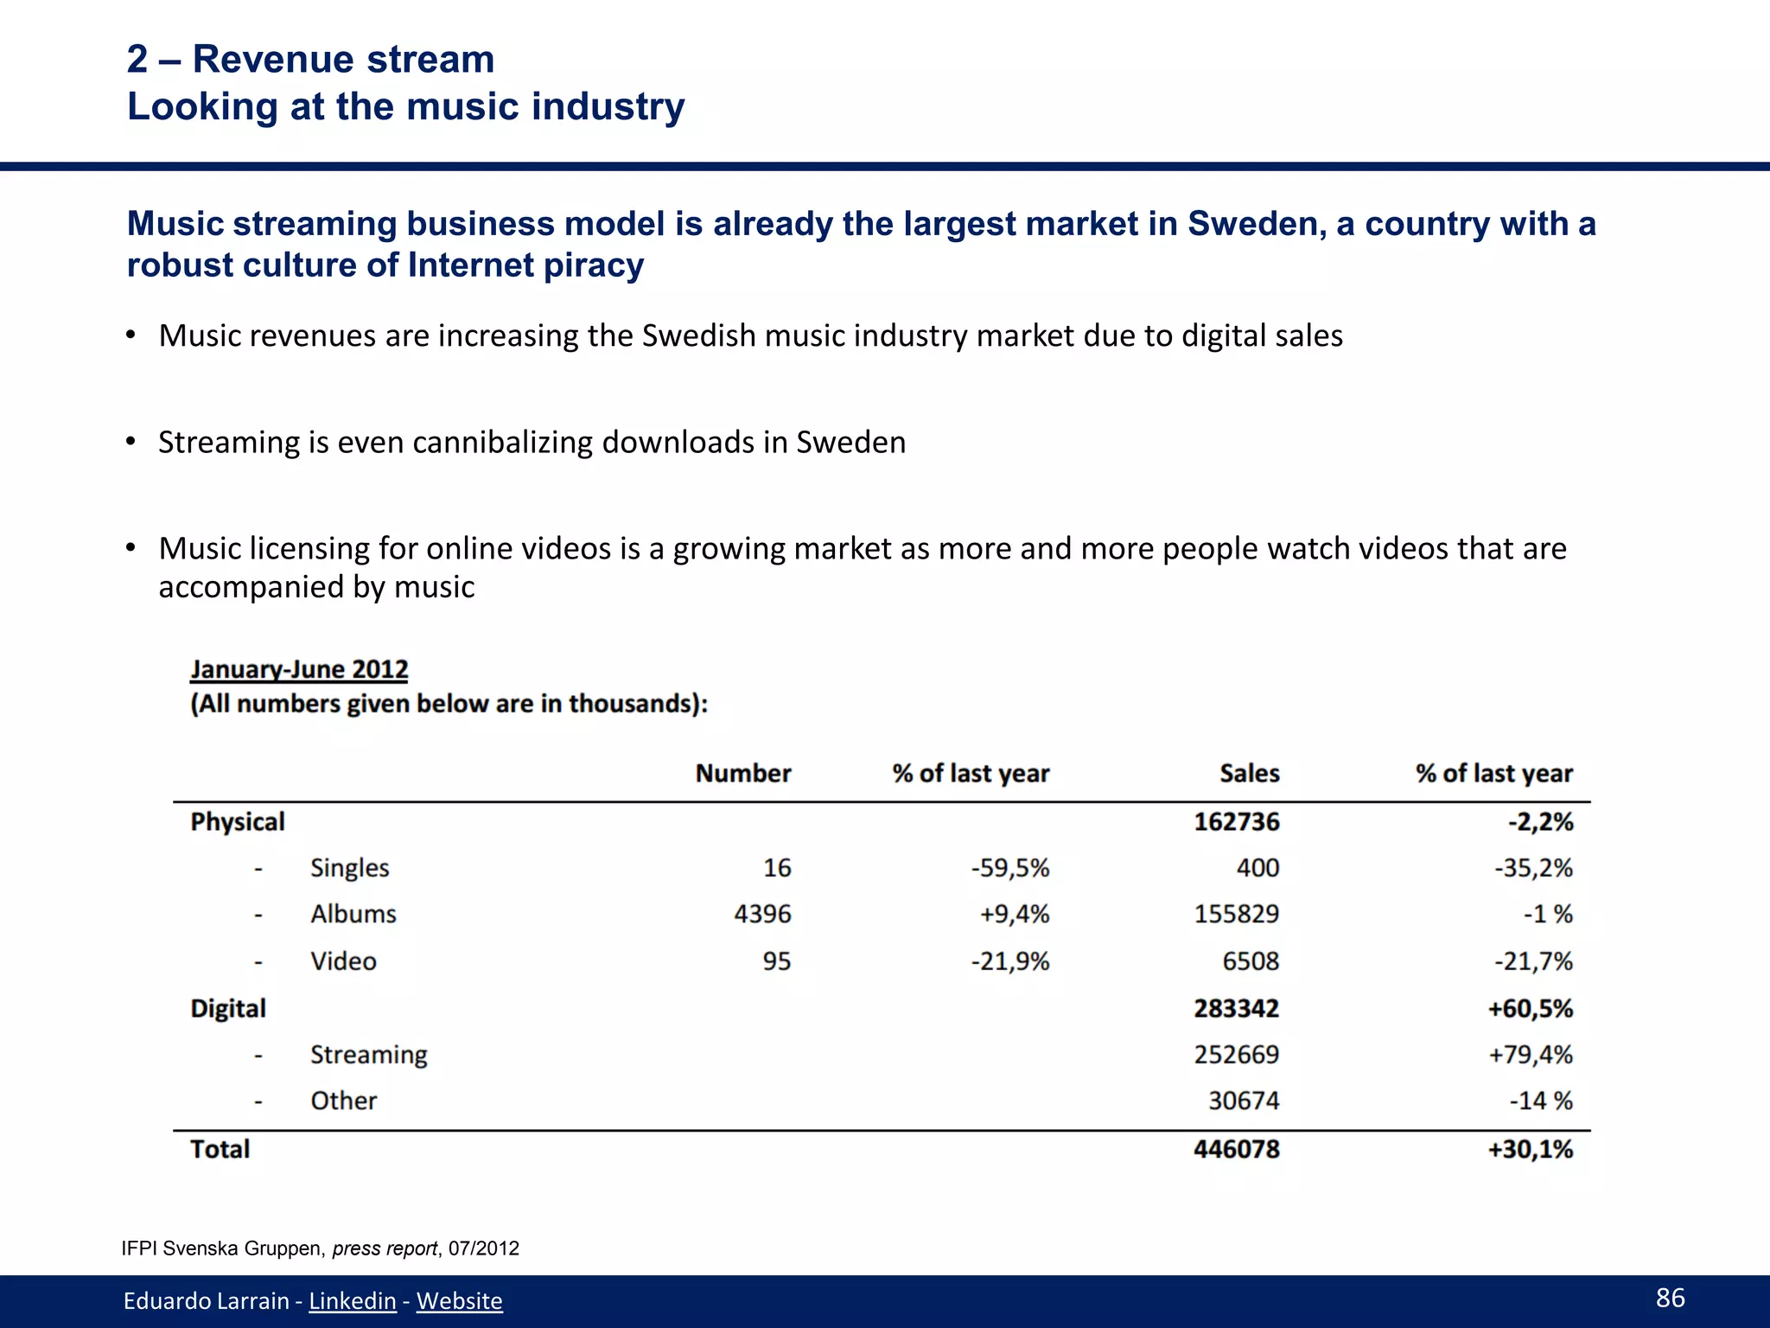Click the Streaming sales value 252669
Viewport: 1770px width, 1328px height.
point(1236,1055)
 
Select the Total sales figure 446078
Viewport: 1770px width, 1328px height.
point(1236,1149)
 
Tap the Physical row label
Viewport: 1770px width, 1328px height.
point(237,821)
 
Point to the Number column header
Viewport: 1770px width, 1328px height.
point(742,773)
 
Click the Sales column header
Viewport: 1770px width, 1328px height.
point(1249,773)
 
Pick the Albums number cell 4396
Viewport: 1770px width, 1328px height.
point(762,914)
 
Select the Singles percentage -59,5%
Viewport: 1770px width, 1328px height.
point(1009,867)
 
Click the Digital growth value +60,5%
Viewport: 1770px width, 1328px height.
point(1530,1008)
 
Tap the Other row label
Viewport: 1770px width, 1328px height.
point(343,1101)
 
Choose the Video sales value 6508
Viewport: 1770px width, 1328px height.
point(1251,961)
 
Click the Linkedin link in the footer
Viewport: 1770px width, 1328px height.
point(352,1300)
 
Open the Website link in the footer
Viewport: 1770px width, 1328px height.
point(459,1300)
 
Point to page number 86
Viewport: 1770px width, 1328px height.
point(1670,1297)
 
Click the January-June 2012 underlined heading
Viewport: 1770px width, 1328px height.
point(299,669)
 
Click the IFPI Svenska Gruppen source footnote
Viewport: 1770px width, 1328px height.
point(320,1248)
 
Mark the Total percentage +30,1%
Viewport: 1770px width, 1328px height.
point(1530,1149)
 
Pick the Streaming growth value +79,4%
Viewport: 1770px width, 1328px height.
point(1530,1055)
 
